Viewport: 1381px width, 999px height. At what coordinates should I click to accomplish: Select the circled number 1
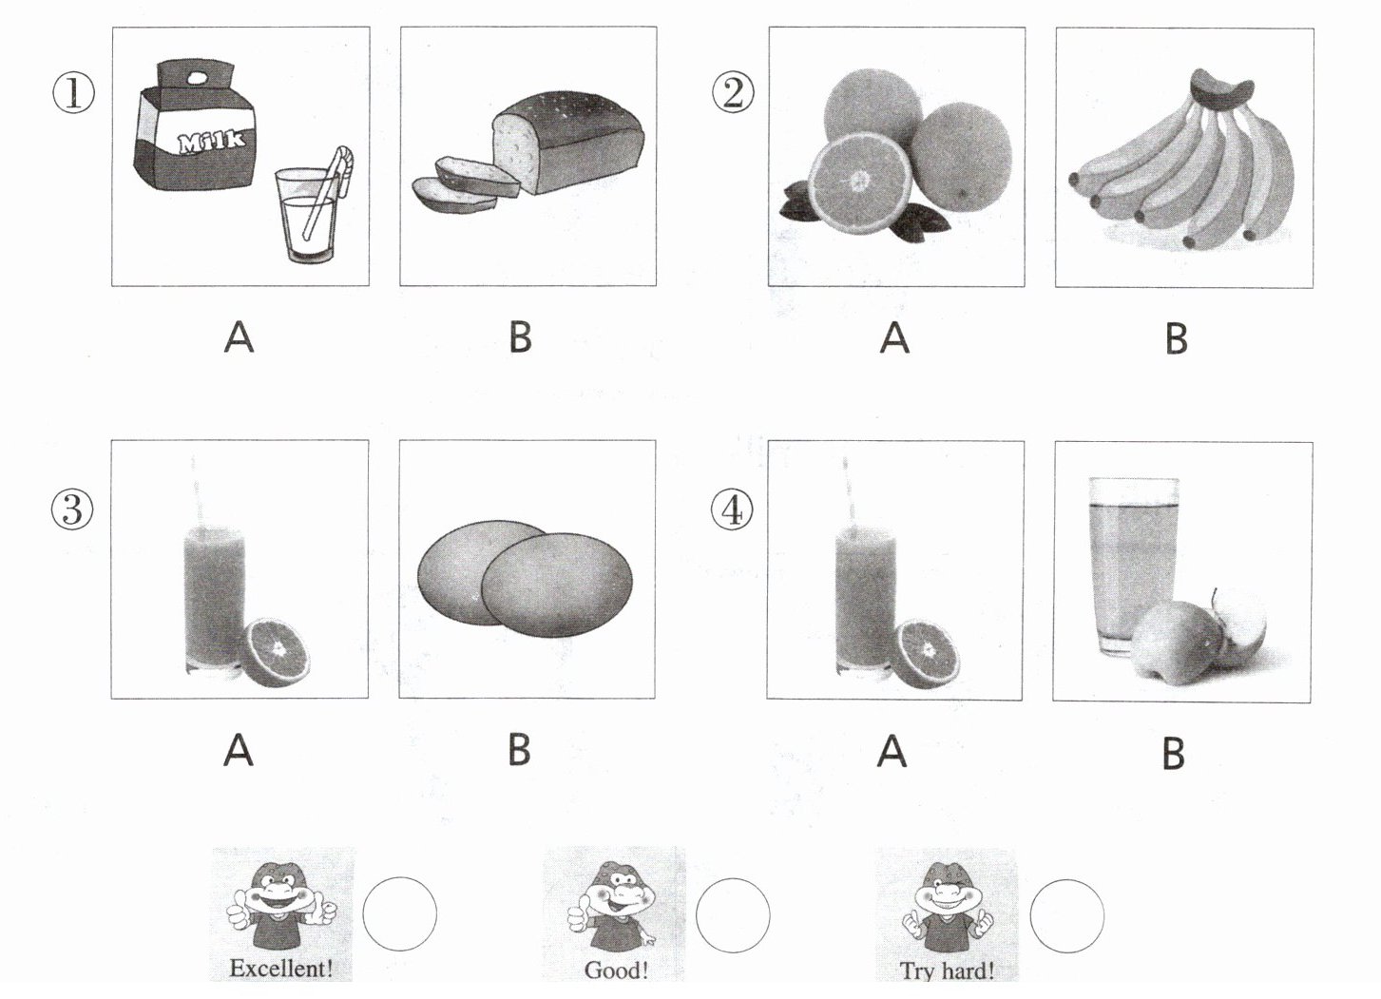click(73, 95)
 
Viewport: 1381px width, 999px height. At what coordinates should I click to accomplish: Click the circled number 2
click(733, 94)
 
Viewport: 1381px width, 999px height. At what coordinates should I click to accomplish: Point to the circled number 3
click(72, 510)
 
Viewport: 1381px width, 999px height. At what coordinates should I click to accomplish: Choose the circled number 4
click(732, 510)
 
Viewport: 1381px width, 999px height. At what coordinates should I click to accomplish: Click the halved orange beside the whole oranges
click(859, 183)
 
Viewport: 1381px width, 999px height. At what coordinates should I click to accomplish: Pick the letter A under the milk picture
click(240, 337)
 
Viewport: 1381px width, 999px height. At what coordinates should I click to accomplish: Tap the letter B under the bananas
click(1177, 338)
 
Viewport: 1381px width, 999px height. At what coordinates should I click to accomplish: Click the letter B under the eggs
click(519, 751)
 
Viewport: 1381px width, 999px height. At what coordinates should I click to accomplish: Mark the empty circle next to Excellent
click(399, 913)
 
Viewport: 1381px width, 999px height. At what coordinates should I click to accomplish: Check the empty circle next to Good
click(733, 915)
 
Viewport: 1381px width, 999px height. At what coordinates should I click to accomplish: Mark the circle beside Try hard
click(1067, 915)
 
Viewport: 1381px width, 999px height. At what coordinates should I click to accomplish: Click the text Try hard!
click(947, 970)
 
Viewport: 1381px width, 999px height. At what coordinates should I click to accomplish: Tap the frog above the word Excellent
click(281, 906)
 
